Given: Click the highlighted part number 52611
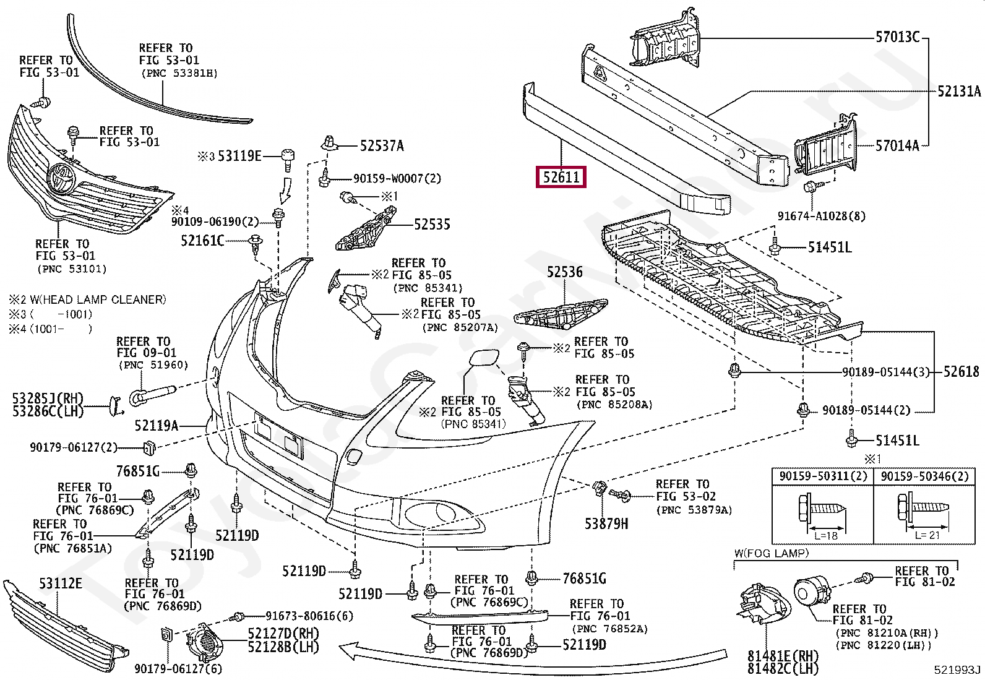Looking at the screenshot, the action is (x=561, y=177).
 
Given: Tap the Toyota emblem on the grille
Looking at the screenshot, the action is (x=62, y=178).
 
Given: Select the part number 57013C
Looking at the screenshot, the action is (x=898, y=37).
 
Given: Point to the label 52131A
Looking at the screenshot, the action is (x=959, y=92).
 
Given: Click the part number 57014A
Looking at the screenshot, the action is (x=897, y=145).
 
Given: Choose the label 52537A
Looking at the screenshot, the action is (x=382, y=145).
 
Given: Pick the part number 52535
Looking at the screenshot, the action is (x=432, y=225).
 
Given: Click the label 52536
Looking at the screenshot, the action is (x=565, y=272).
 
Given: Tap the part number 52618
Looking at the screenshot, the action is (x=961, y=372).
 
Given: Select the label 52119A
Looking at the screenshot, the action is (x=157, y=426).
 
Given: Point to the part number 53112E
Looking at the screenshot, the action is (x=61, y=583).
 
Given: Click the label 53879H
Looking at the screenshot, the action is (x=606, y=523).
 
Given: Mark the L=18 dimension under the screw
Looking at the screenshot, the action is (x=826, y=536).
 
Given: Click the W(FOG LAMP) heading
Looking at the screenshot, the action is (x=772, y=553).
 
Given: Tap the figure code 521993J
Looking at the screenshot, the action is (x=957, y=670).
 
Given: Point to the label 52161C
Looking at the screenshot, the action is (x=202, y=241).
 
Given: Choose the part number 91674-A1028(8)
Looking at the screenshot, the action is (x=822, y=216).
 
